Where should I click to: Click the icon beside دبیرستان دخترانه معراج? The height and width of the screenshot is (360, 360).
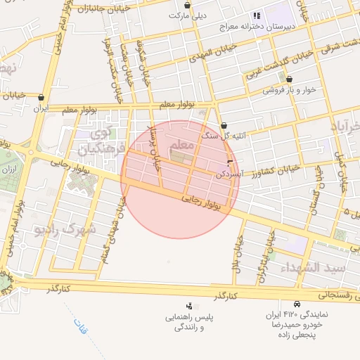coord(257,15)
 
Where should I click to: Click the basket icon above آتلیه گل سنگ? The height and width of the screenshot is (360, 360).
coord(224,125)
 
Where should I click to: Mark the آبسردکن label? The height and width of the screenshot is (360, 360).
coord(220,173)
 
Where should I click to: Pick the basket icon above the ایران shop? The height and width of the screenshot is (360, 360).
coord(42,98)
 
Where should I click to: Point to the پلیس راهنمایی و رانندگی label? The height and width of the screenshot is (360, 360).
coord(189,323)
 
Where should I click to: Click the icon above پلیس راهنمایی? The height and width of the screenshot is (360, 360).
coord(189,306)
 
